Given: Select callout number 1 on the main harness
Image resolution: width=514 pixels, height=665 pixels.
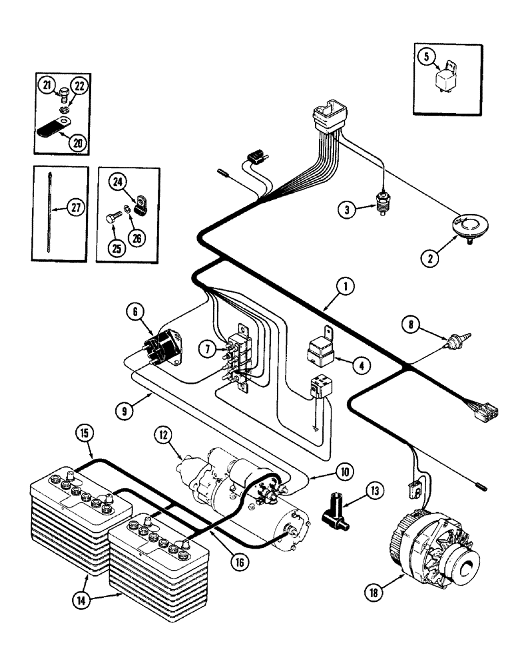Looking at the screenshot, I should click(x=344, y=287).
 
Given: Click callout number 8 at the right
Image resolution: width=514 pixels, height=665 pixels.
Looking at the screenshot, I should click(x=412, y=325).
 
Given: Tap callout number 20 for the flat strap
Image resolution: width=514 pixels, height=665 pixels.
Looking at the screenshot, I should click(x=79, y=142).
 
